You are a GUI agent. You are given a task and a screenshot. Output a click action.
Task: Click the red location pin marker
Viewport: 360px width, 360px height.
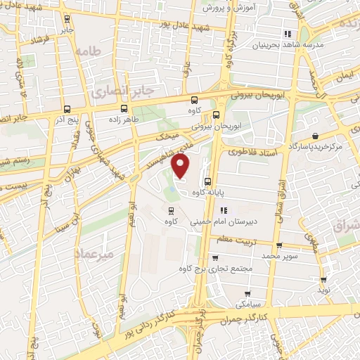point(182,167)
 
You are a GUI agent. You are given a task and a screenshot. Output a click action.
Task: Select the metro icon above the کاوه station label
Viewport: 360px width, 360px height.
point(169,210)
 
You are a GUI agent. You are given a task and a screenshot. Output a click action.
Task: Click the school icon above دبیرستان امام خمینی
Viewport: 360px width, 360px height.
point(223,210)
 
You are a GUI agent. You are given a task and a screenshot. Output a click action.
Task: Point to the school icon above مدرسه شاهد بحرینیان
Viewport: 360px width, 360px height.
point(287,34)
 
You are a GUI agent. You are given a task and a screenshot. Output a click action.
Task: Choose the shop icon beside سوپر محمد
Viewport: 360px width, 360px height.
point(279,246)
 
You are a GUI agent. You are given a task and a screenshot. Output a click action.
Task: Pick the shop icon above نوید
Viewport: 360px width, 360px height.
point(323,279)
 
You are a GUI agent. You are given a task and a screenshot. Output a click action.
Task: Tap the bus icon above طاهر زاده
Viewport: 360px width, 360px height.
point(124,108)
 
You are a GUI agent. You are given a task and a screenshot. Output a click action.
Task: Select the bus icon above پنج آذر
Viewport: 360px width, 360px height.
point(67,109)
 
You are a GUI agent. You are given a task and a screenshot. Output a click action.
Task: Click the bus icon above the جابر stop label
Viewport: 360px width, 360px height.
point(67,19)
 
